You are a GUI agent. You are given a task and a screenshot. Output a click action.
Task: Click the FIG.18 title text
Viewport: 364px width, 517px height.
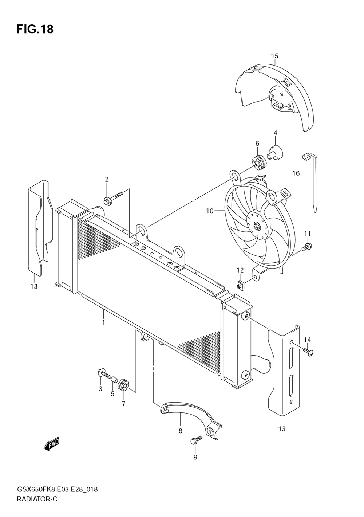point(35,29)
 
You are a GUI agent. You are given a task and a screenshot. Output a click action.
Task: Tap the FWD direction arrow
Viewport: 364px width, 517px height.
point(51,444)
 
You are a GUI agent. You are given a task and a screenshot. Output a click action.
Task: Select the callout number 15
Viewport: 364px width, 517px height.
point(274,56)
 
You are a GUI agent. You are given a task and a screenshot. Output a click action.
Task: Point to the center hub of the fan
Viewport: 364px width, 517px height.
point(257,227)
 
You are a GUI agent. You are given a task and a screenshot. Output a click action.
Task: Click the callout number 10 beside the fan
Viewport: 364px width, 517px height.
point(210,211)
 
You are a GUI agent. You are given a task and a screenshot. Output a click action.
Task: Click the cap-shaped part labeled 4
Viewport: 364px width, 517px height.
point(276,152)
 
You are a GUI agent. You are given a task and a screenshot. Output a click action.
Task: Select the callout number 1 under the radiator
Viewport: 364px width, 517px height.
point(103,322)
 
